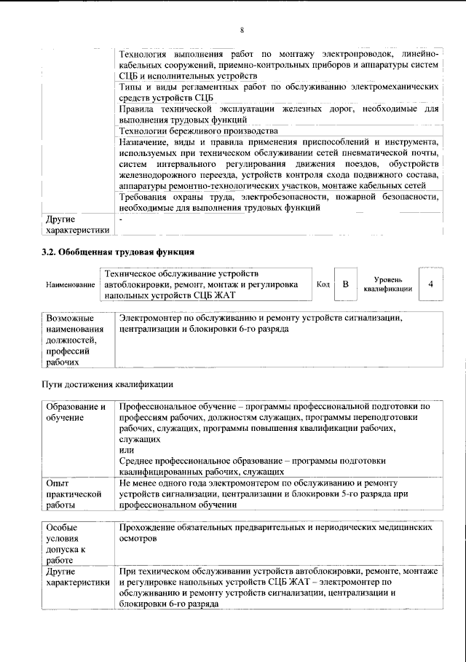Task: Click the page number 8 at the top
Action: click(242, 30)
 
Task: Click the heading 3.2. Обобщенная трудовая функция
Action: click(116, 252)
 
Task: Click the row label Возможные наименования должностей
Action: click(70, 340)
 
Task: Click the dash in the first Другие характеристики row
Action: click(122, 218)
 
